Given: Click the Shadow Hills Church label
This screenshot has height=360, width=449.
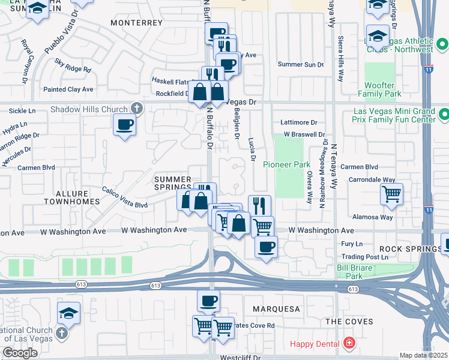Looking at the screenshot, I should [89, 109].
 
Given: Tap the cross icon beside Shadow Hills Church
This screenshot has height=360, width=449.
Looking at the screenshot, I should [137, 109].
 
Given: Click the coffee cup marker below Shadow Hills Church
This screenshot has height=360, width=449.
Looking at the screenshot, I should [124, 125].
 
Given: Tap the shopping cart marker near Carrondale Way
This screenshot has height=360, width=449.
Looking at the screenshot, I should [391, 194].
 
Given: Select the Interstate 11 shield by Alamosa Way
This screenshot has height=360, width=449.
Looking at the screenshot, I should [428, 209].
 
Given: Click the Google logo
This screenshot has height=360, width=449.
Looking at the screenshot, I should [20, 353].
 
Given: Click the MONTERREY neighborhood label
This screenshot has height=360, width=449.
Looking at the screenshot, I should [137, 22].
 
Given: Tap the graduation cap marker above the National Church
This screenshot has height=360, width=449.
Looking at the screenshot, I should [68, 312].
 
